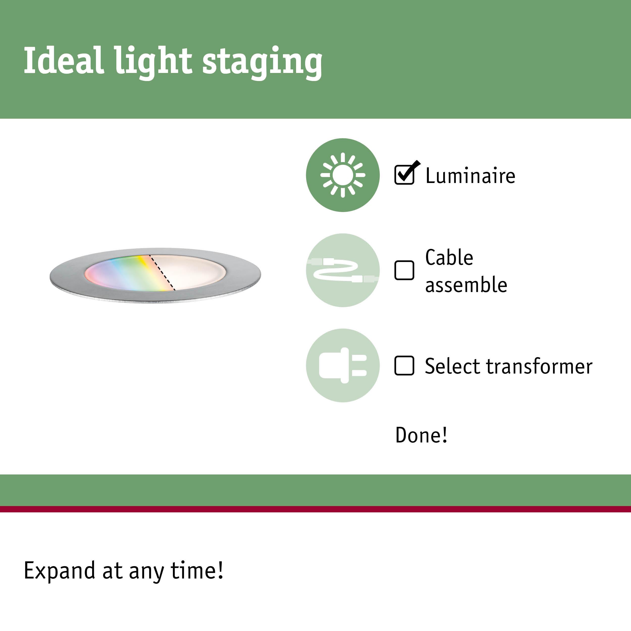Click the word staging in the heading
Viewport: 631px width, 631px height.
pos(262,62)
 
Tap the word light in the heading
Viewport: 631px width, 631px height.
pos(153,62)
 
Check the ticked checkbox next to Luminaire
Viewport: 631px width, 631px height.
pos(404,175)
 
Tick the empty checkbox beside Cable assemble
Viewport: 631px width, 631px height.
pos(404,270)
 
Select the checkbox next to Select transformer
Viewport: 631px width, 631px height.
pos(404,365)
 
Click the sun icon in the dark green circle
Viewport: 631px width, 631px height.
pos(343,175)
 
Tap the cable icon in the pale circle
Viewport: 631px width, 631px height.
pos(343,270)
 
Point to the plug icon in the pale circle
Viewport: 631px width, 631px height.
pos(343,365)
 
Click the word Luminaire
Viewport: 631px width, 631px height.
pos(470,176)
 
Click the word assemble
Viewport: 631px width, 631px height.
pos(466,285)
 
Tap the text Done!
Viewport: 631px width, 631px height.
pos(421,435)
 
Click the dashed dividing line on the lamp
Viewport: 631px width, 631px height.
pos(162,273)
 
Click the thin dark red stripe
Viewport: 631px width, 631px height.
pos(315,509)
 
